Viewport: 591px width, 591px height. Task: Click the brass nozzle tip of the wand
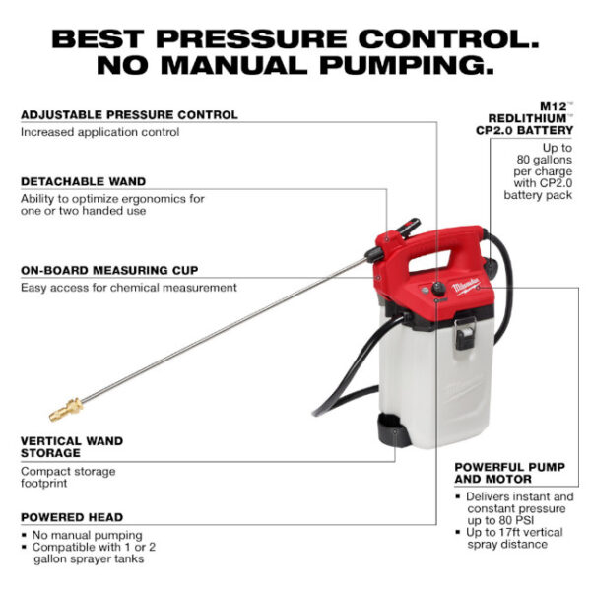point(61,406)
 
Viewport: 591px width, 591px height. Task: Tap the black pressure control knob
point(437,289)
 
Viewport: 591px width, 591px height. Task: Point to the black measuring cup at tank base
point(393,430)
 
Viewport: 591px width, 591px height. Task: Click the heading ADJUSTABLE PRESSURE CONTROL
point(129,114)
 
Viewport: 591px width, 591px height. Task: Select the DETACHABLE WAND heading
point(84,181)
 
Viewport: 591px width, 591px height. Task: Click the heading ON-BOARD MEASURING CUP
point(109,270)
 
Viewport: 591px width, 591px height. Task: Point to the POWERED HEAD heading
point(72,516)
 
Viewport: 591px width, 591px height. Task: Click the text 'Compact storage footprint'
point(68,478)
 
